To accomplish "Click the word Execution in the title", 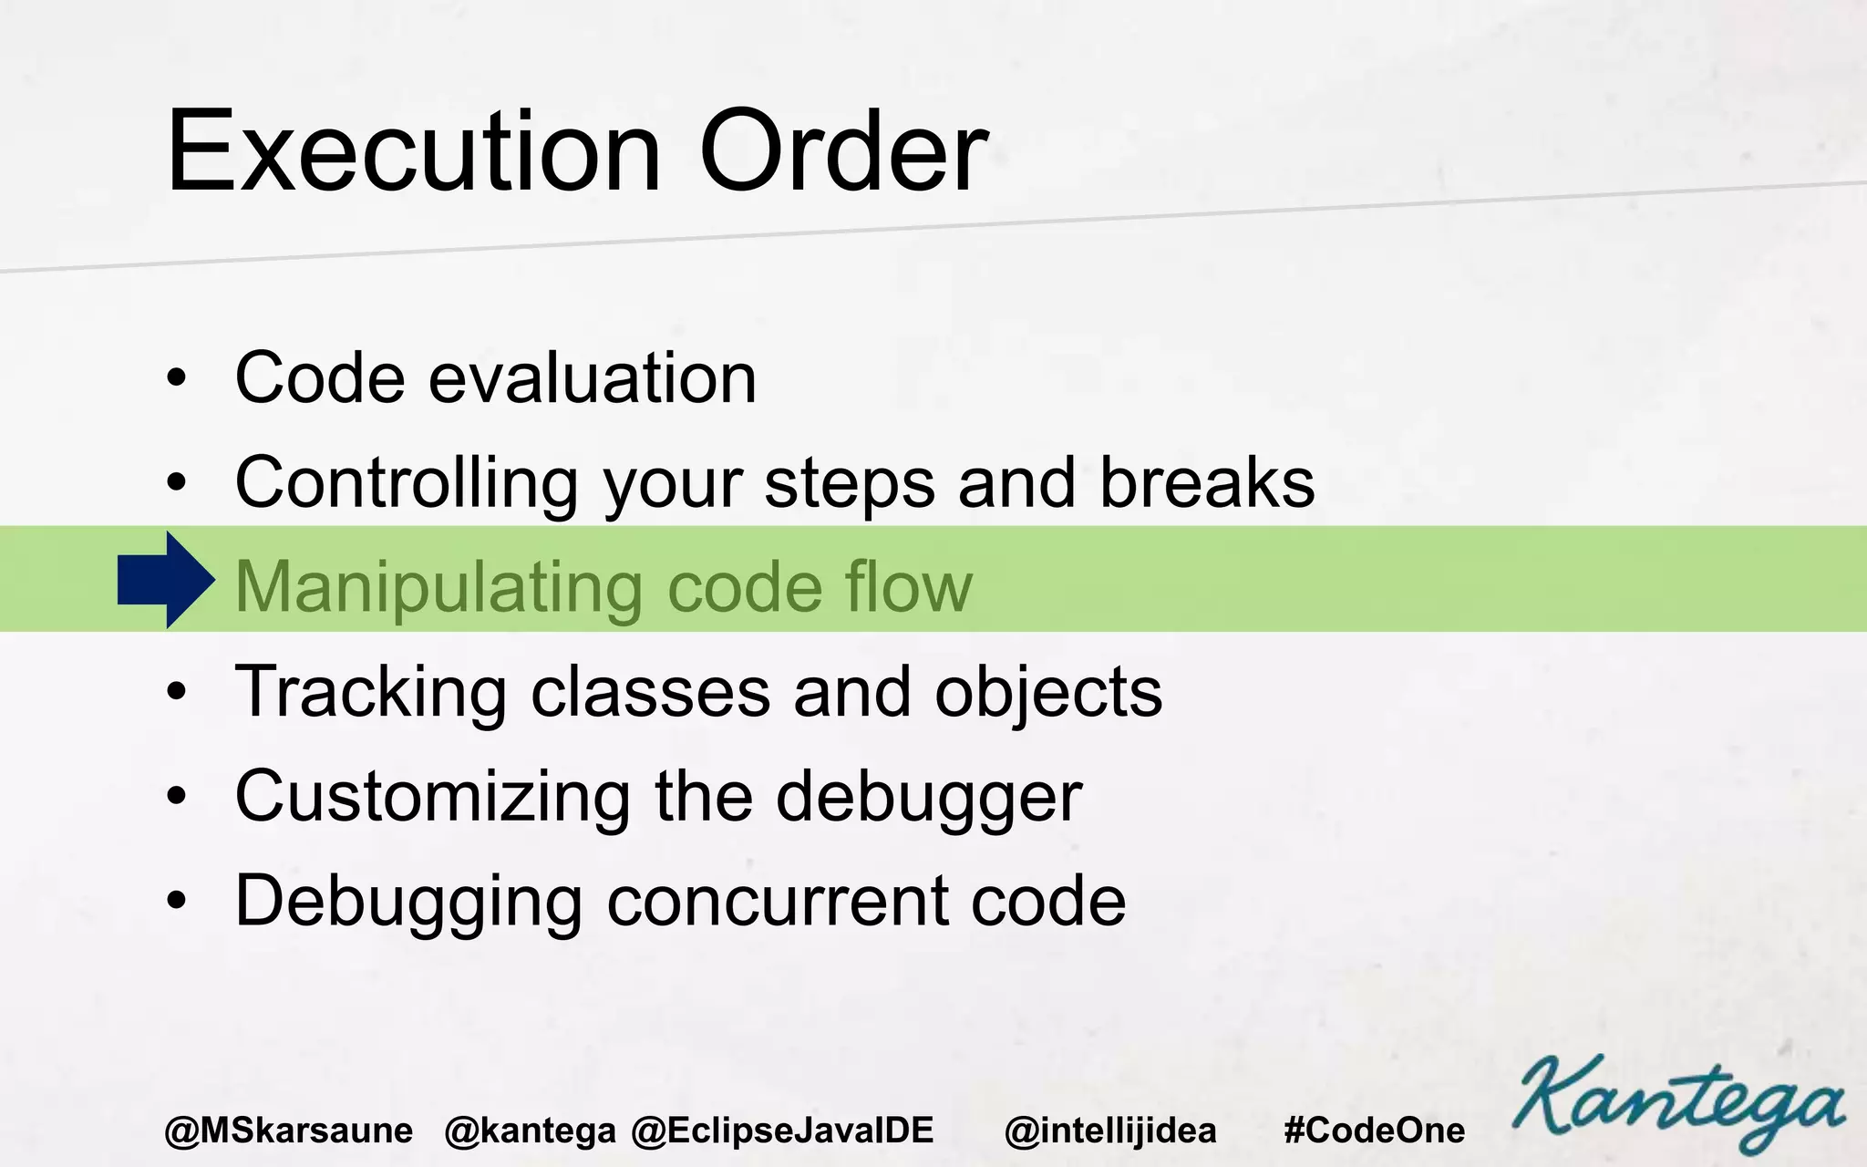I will [x=413, y=152].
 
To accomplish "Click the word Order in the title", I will [x=843, y=152].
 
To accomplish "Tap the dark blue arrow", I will [x=167, y=580].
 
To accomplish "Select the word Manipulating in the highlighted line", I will [x=438, y=587].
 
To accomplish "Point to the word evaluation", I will [x=593, y=378].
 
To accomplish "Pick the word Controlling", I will [x=407, y=483].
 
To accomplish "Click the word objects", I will [x=1048, y=693].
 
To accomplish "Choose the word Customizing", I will [x=433, y=797].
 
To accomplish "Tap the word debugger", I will [x=929, y=799].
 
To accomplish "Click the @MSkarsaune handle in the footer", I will [x=289, y=1131].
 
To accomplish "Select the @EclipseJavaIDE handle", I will [x=782, y=1131].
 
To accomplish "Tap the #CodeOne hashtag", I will [x=1374, y=1131].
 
